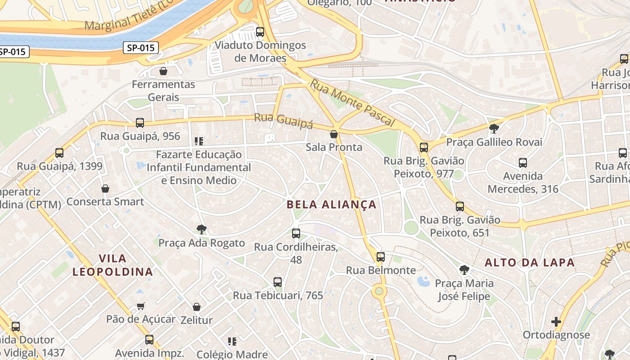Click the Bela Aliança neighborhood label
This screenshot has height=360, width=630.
click(x=331, y=204)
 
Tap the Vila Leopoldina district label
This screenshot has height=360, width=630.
click(x=112, y=265)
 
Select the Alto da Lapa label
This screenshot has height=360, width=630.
click(x=530, y=262)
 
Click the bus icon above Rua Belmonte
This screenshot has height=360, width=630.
click(x=381, y=257)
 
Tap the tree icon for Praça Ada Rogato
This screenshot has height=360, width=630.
click(x=202, y=229)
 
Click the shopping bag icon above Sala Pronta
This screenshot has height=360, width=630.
click(x=334, y=134)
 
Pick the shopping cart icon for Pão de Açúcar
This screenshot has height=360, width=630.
click(x=141, y=306)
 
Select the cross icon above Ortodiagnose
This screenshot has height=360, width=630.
click(x=556, y=322)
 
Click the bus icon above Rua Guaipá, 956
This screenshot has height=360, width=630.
click(x=140, y=123)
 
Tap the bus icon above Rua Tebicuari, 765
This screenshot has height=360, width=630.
click(x=278, y=282)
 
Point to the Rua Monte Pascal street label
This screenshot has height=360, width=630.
click(x=352, y=103)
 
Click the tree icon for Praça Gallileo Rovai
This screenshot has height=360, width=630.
click(x=494, y=129)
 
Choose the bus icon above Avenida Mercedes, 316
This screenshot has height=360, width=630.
click(x=523, y=163)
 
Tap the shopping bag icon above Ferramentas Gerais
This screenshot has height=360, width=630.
click(x=163, y=71)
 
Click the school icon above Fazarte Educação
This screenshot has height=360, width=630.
click(x=199, y=141)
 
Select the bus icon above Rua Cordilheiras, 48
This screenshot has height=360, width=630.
click(x=296, y=234)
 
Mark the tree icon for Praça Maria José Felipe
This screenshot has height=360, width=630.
click(x=464, y=270)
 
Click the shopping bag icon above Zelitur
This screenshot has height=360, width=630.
click(x=197, y=307)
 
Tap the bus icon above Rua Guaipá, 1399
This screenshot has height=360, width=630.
click(x=59, y=153)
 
